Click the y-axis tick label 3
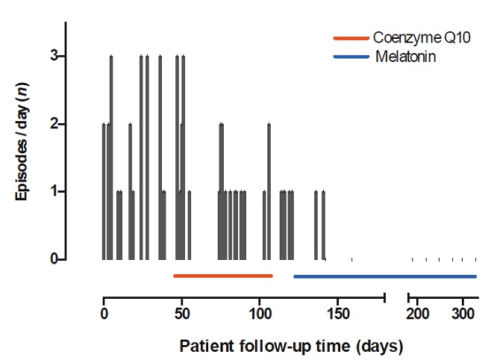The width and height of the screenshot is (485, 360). (x=53, y=56)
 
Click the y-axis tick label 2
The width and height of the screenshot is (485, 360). (x=53, y=124)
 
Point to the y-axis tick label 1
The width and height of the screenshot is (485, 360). (x=53, y=191)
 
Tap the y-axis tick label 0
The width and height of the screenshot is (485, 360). (x=53, y=259)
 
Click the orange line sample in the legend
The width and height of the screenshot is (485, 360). (x=351, y=37)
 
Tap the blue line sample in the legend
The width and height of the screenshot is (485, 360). (x=351, y=56)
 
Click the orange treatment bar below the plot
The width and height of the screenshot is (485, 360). (x=223, y=276)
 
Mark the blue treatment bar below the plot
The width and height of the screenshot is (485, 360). (x=385, y=276)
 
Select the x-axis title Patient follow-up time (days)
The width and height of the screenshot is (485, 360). (x=291, y=347)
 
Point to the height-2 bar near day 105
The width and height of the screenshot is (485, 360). (x=269, y=191)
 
